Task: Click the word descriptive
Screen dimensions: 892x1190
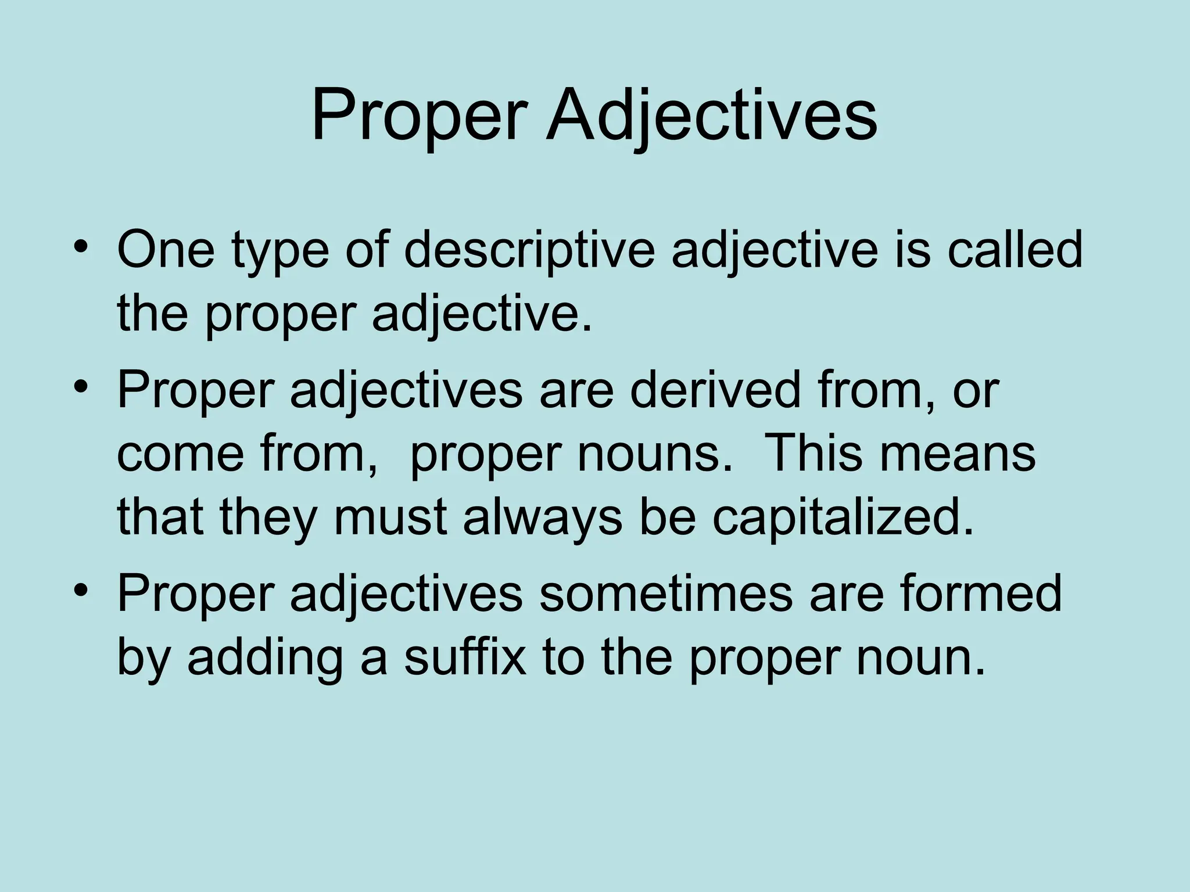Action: click(529, 251)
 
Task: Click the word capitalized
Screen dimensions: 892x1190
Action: click(843, 517)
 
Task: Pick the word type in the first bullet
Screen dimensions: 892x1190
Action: click(280, 252)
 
